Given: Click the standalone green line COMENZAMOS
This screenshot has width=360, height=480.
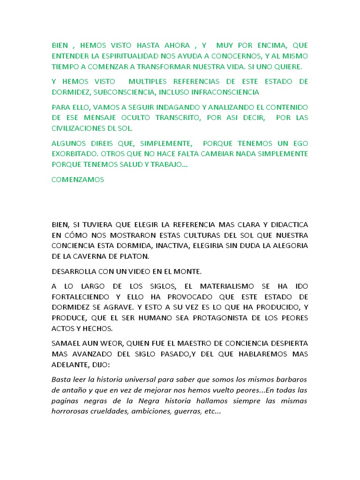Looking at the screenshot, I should [78, 180].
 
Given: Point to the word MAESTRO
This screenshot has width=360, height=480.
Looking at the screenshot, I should [196, 343].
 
